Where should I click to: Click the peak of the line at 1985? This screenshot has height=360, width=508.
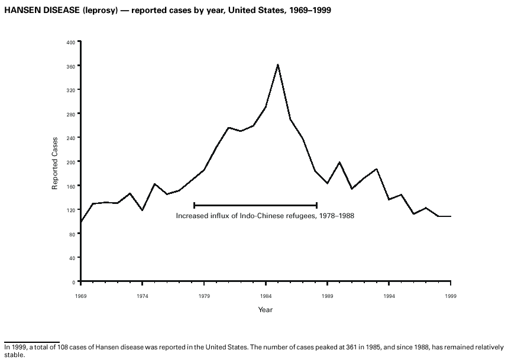coord(278,64)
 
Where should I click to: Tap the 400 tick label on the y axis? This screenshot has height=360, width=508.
coord(71,42)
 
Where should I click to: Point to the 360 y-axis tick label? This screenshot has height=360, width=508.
coord(71,66)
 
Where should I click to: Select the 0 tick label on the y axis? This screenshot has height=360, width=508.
coord(74,282)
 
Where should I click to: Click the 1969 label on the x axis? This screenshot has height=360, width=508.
coord(80,294)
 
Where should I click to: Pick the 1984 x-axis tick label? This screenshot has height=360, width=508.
coord(266,294)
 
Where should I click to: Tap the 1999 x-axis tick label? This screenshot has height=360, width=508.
coord(451,294)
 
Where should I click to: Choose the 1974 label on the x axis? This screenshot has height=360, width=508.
coord(142,294)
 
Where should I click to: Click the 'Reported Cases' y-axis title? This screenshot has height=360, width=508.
coord(55,162)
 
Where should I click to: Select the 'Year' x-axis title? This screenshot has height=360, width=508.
coord(265,310)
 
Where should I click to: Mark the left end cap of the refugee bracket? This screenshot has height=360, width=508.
coord(194,205)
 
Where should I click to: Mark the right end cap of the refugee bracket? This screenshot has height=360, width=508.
coord(317,205)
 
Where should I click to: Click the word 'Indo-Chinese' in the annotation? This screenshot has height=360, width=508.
coord(263,216)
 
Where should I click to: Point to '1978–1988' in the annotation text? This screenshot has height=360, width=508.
coord(336,216)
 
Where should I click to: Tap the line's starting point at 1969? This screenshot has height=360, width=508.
coord(80,222)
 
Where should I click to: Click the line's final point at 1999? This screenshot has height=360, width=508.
coord(451,216)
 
